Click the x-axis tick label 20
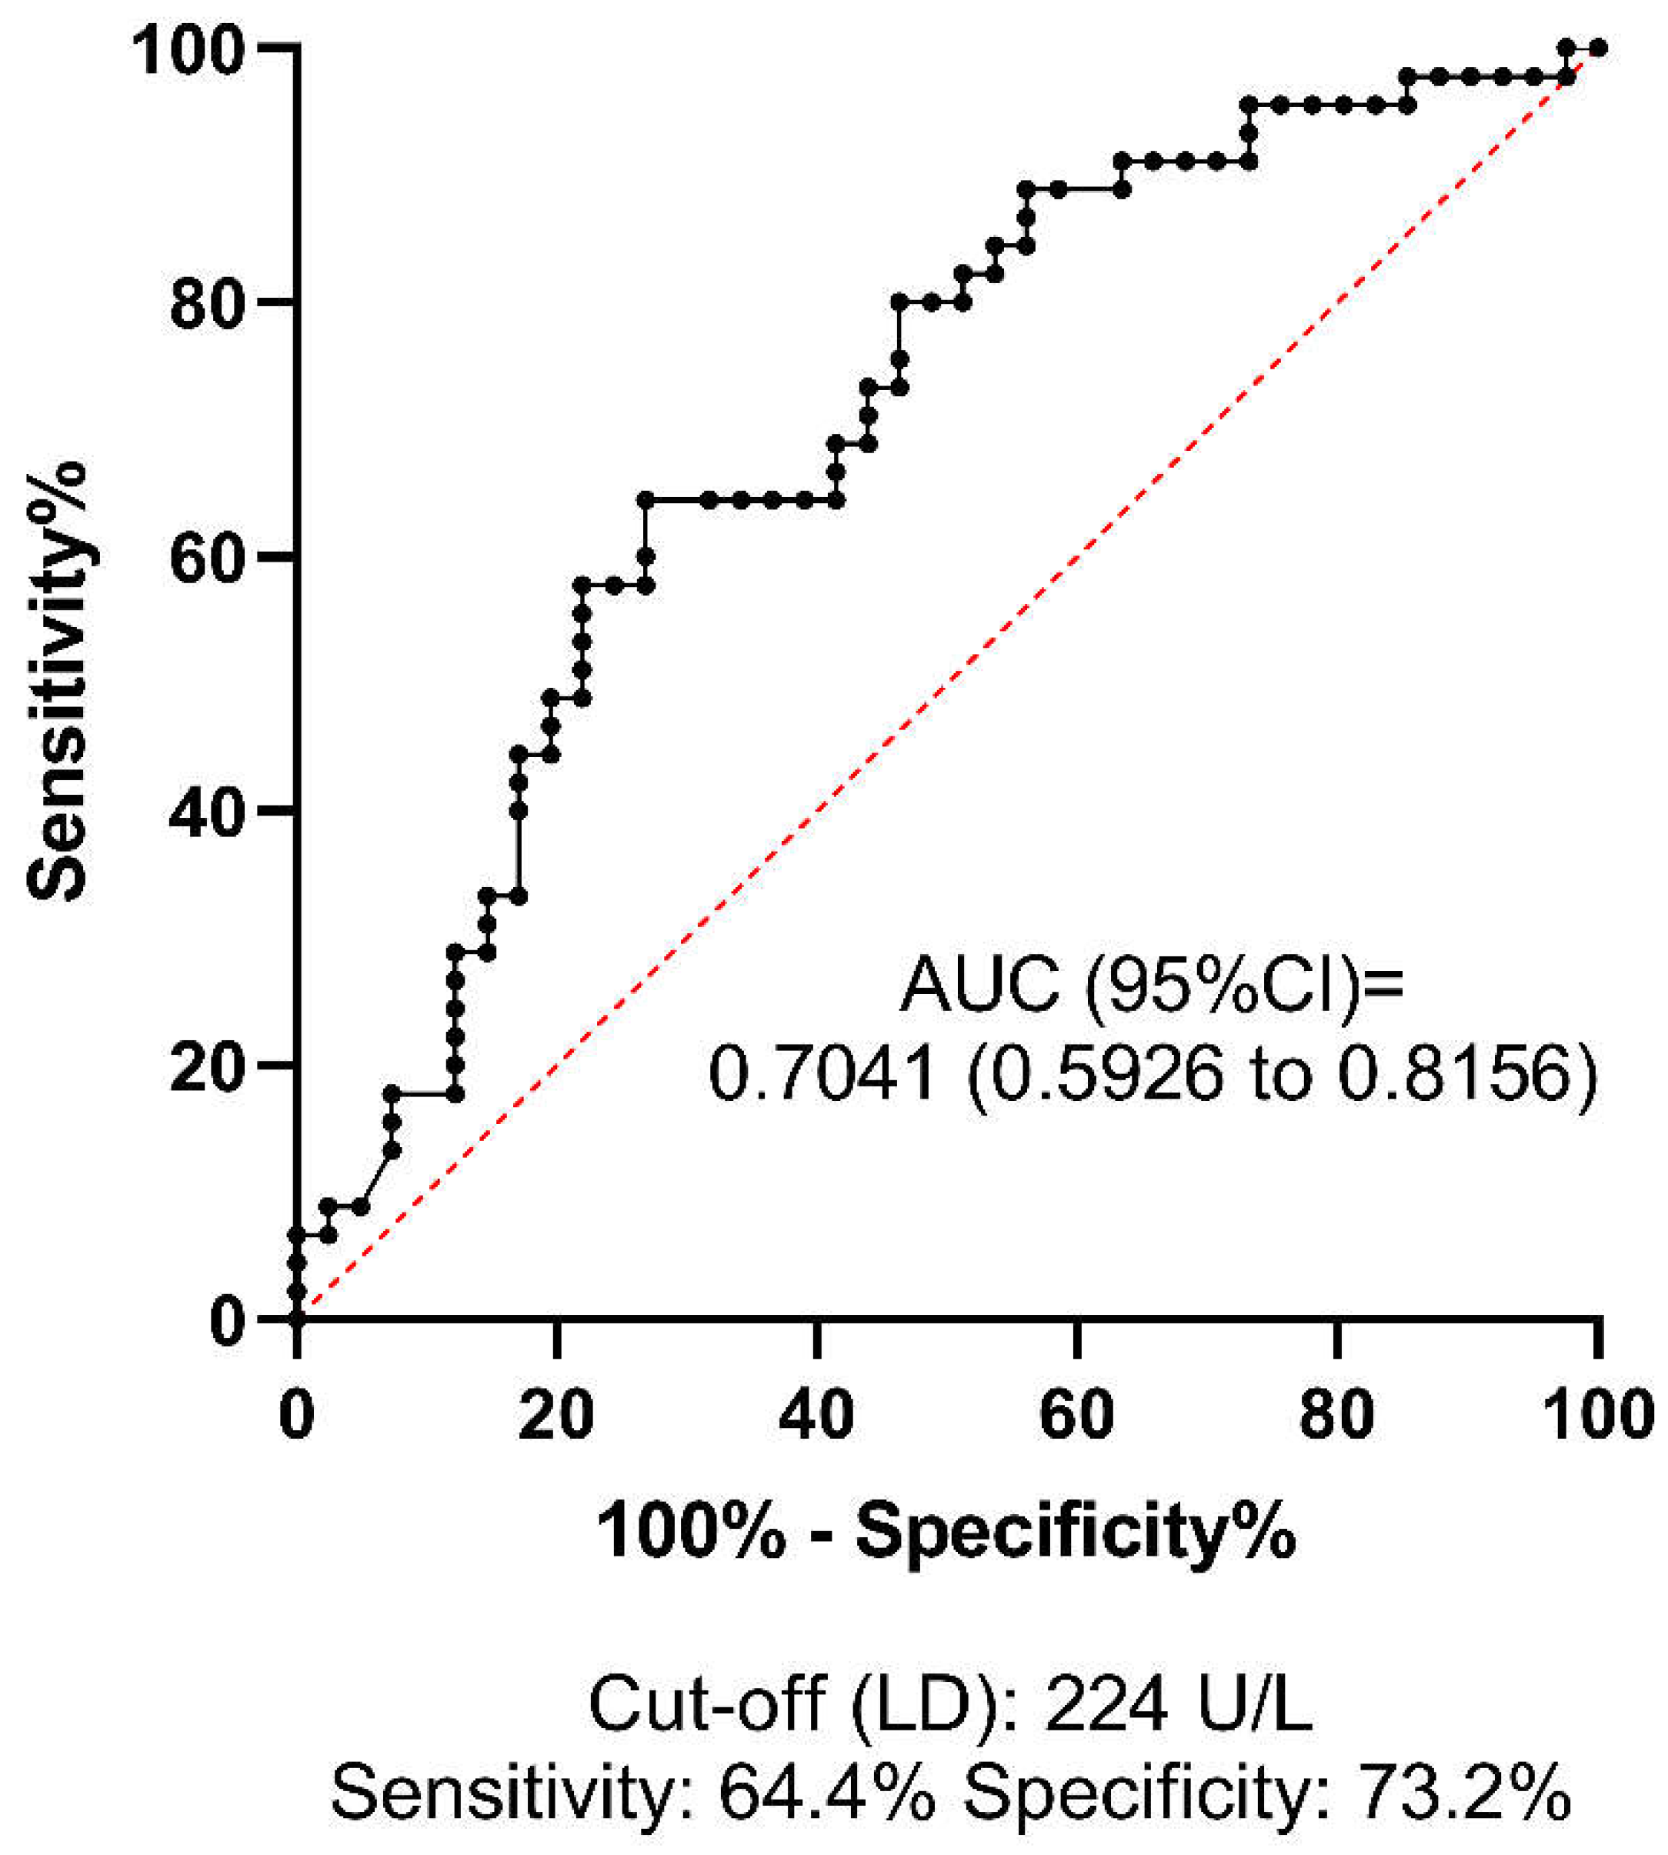pos(555,1414)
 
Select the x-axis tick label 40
pos(816,1414)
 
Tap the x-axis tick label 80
pos(1336,1414)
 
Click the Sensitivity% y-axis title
pos(57,678)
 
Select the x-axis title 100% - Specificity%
pos(946,1530)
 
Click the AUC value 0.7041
pos(822,1074)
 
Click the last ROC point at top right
pos(1598,48)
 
